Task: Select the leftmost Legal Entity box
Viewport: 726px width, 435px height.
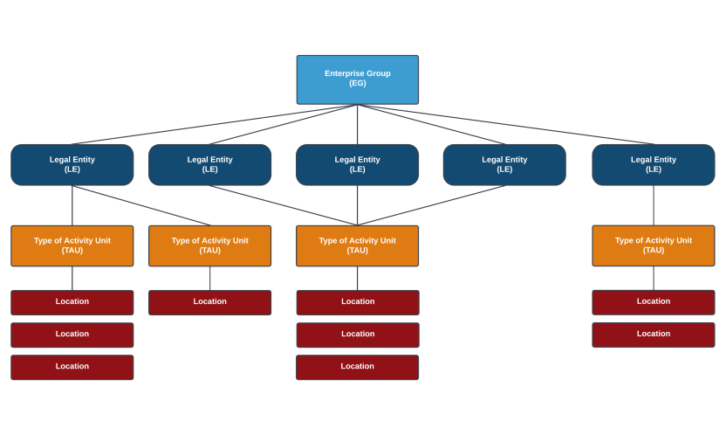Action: (x=72, y=164)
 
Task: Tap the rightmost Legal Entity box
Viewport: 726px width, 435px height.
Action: (x=653, y=164)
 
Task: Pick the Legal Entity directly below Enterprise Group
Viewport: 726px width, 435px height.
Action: (x=357, y=164)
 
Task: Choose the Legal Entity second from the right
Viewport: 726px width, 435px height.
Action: (x=504, y=164)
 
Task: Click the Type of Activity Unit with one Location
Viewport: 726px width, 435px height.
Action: (x=209, y=245)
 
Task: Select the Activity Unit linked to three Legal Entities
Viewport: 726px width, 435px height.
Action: (x=357, y=245)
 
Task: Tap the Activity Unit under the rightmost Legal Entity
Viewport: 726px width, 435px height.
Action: (x=653, y=245)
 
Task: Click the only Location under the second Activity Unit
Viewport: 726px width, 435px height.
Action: (x=209, y=302)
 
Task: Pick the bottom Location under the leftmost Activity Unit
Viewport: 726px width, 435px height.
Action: (x=72, y=367)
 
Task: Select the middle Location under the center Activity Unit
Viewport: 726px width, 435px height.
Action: (x=357, y=335)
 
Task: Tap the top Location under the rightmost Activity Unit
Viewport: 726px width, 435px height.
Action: (x=653, y=302)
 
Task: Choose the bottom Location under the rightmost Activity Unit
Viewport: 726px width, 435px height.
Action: (x=653, y=335)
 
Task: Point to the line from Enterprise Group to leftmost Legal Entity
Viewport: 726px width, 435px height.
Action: (x=214, y=124)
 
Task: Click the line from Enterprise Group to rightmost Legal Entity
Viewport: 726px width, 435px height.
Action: (x=506, y=124)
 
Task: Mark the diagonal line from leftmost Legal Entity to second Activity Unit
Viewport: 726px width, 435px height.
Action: (x=141, y=205)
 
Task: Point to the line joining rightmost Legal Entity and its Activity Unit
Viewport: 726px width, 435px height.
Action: (x=654, y=205)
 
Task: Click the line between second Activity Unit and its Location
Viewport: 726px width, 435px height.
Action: (x=209, y=278)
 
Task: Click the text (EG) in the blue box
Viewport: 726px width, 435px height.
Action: (x=357, y=84)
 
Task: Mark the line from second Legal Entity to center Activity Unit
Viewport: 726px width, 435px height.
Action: (x=284, y=205)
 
